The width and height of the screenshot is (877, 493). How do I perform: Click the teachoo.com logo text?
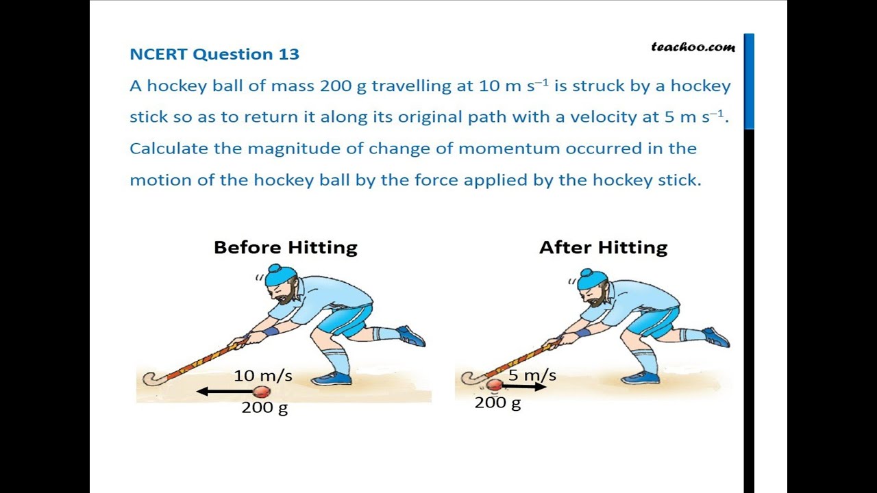click(x=693, y=47)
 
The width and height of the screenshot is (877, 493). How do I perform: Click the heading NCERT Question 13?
click(x=214, y=54)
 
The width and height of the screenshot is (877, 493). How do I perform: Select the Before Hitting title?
click(x=285, y=247)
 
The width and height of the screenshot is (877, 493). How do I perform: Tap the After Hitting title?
click(x=603, y=247)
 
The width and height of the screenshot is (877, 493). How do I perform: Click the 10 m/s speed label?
click(x=263, y=375)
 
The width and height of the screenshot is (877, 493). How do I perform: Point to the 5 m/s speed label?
click(x=532, y=375)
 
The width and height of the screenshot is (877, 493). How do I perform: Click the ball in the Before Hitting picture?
click(x=262, y=392)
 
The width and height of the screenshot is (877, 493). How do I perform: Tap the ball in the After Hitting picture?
click(x=494, y=385)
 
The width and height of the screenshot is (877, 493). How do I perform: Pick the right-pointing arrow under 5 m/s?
click(x=525, y=387)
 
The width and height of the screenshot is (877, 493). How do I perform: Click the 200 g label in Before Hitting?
click(x=264, y=408)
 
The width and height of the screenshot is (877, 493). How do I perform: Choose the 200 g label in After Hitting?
click(x=497, y=403)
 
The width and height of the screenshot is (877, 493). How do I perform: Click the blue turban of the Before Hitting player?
click(x=282, y=275)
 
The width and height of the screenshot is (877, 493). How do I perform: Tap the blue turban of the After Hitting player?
click(x=592, y=278)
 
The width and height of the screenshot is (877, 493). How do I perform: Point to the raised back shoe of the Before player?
click(x=411, y=336)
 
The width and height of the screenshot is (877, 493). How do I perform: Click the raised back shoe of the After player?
click(x=716, y=337)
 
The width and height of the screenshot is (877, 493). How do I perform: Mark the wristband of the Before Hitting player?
click(x=271, y=331)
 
